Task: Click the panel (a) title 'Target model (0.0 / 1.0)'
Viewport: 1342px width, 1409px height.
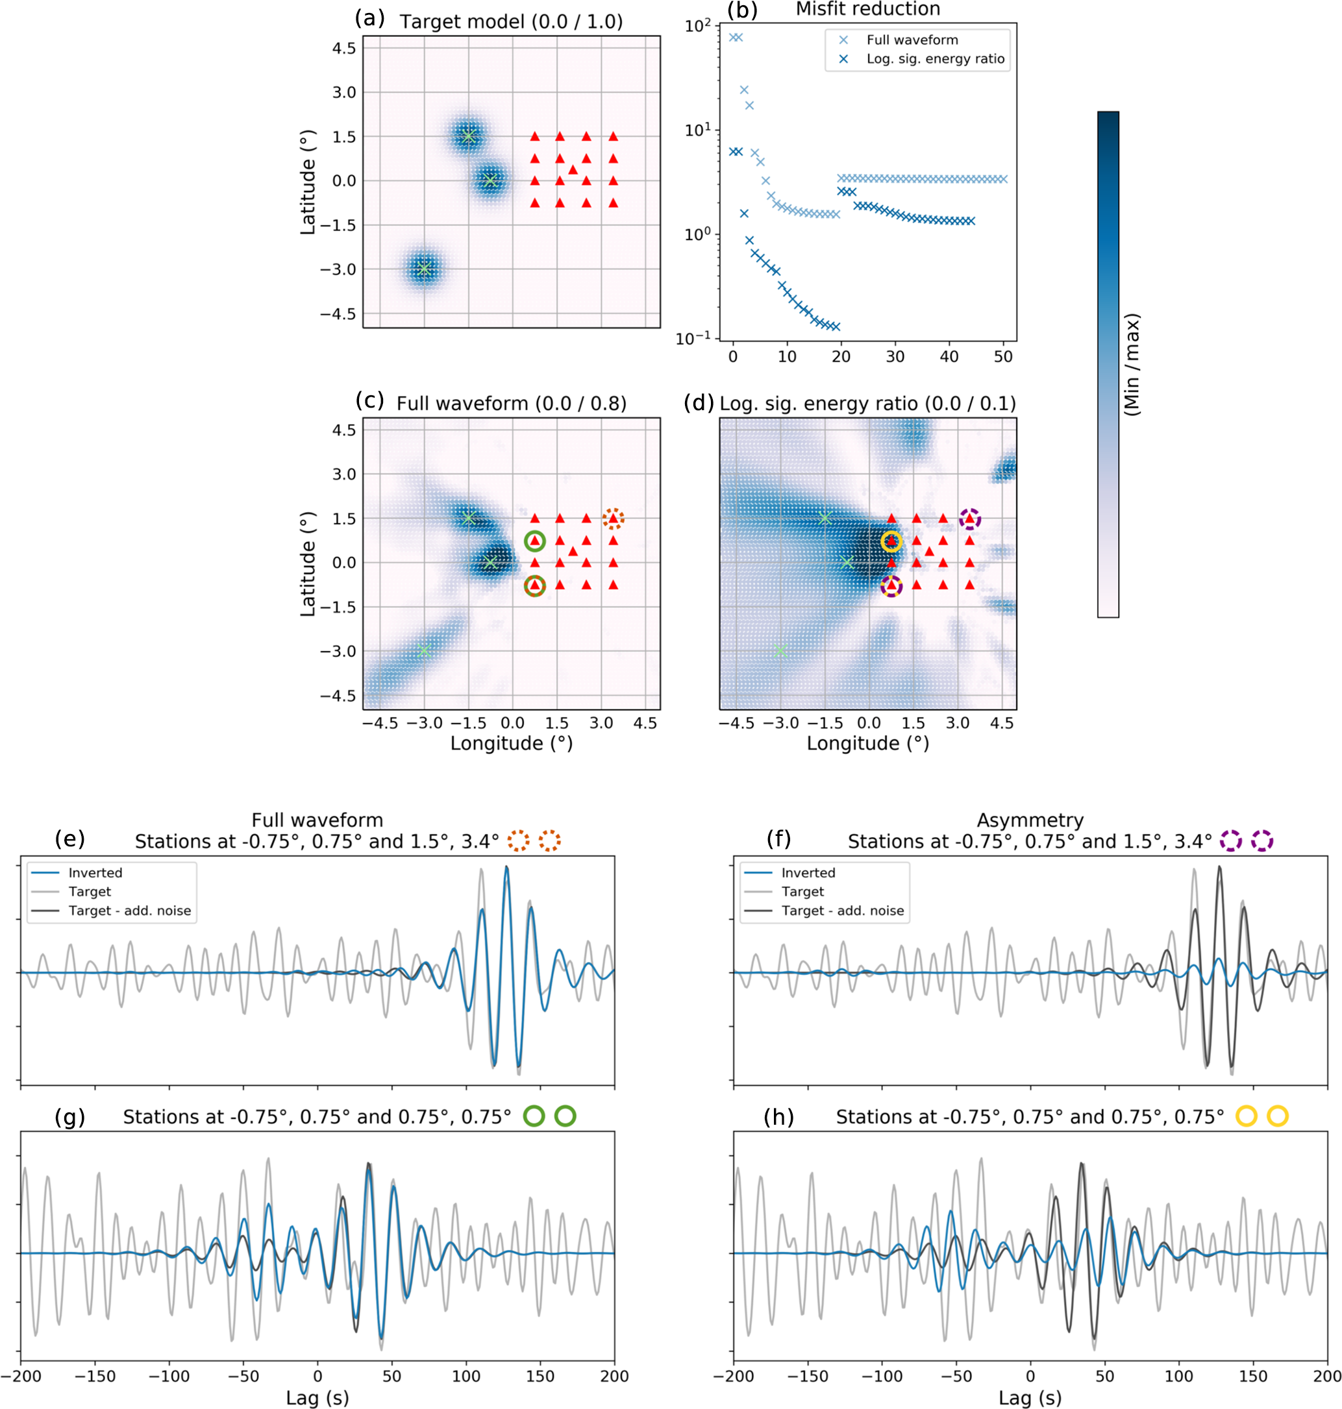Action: (x=511, y=21)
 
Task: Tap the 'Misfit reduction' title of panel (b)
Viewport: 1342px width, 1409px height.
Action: (x=867, y=9)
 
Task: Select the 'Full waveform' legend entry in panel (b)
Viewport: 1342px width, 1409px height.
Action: (x=912, y=40)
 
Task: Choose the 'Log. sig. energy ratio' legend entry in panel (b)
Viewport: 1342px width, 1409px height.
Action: (x=935, y=58)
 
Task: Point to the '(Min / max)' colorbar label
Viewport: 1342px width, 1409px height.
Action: (x=1132, y=365)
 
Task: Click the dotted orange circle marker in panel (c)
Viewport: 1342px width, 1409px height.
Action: (x=613, y=519)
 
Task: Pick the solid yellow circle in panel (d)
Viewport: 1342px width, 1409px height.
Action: (x=891, y=541)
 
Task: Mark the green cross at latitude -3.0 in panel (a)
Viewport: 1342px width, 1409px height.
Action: (x=424, y=269)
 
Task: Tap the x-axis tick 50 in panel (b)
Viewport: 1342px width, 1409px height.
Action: (x=1003, y=356)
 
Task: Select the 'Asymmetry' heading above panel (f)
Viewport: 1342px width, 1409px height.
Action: (x=1030, y=820)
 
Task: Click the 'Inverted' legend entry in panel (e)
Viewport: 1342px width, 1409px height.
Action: (x=95, y=872)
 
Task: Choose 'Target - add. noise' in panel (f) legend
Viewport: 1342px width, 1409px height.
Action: (x=842, y=911)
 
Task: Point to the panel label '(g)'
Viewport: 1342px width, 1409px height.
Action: (x=70, y=1116)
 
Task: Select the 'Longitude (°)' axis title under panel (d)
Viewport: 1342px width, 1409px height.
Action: (x=867, y=743)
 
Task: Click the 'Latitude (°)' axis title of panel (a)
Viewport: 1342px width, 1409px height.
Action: (x=308, y=182)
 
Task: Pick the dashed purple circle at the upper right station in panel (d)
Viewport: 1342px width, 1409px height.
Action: (x=969, y=519)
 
